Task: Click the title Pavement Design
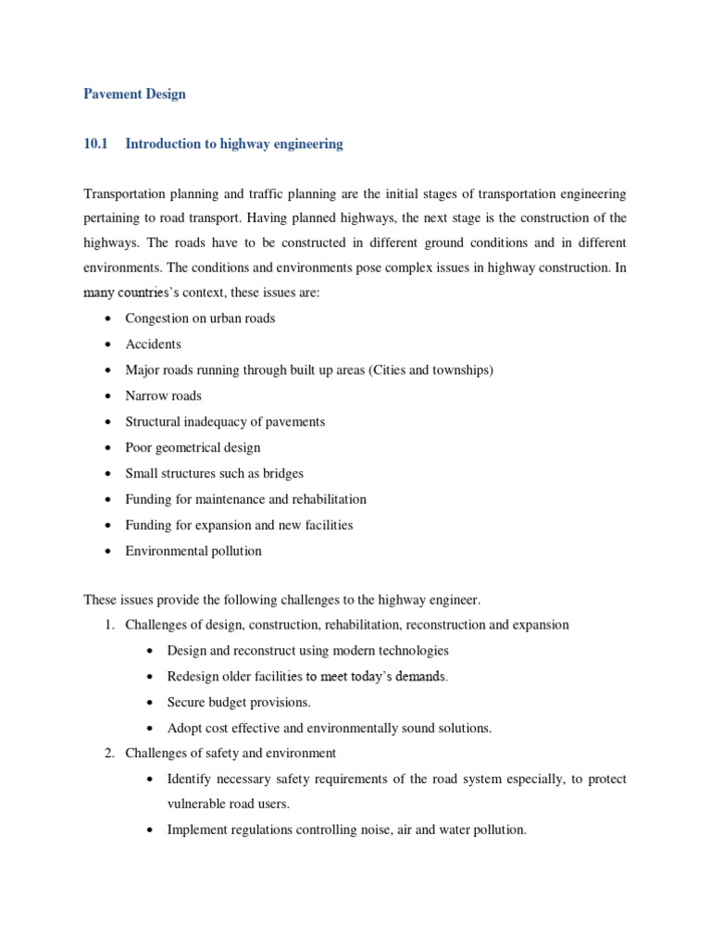134,94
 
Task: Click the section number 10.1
95,143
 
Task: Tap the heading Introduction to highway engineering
234,143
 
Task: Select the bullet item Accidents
154,343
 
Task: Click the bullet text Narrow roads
164,395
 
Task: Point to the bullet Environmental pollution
193,551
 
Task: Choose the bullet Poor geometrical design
193,447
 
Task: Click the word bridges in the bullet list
282,473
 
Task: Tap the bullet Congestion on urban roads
200,318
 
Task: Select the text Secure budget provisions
239,702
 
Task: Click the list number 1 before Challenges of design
108,625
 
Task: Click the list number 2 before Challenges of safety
108,753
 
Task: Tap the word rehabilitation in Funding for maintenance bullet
330,499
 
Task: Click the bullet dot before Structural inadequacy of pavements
108,422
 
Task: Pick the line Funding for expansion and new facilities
239,525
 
